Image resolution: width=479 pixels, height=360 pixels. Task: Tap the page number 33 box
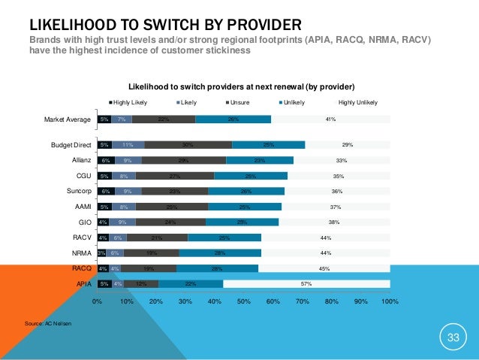453,337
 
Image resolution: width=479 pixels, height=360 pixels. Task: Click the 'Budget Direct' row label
71,144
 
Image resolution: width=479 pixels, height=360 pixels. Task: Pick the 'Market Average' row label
68,119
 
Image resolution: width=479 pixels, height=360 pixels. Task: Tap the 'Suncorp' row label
78,191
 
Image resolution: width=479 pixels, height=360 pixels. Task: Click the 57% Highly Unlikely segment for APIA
306,284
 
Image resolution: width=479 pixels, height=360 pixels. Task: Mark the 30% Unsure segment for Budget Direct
188,144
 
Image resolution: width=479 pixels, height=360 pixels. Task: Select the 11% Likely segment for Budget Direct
128,144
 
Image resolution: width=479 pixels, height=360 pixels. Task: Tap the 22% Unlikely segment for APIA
191,284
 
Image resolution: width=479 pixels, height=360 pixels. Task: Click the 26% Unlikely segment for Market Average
233,119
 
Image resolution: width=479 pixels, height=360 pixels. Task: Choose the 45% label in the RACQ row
324,268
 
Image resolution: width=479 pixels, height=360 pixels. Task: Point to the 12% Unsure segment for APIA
141,284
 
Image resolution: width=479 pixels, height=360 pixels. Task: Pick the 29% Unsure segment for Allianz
184,160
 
